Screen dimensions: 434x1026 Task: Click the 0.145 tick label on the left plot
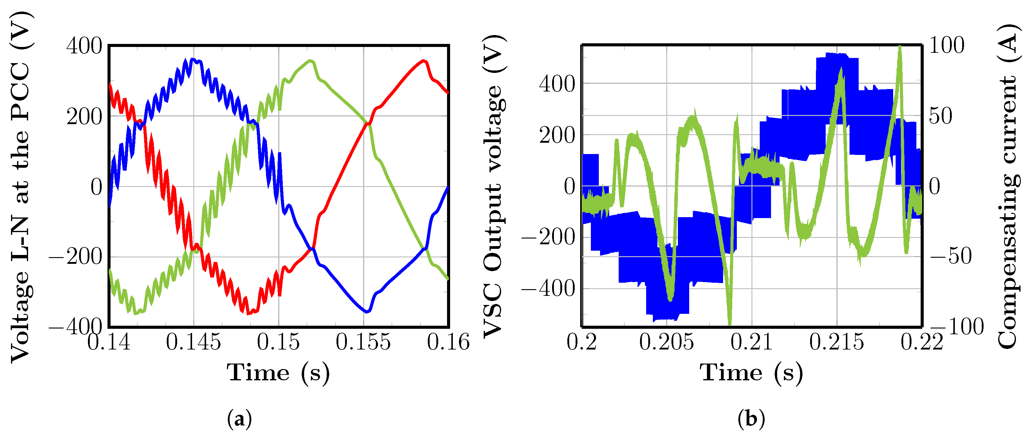[194, 342]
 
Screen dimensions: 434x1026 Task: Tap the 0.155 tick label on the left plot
[363, 342]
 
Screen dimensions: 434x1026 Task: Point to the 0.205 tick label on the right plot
[667, 342]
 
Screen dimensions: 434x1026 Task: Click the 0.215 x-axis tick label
[837, 342]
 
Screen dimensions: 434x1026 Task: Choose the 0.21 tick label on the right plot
[751, 342]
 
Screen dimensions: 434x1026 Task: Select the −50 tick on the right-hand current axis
[951, 256]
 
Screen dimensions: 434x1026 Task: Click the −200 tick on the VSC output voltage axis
[548, 238]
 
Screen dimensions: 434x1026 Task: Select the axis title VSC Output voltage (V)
[494, 187]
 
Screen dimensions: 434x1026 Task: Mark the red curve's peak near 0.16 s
[424, 61]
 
